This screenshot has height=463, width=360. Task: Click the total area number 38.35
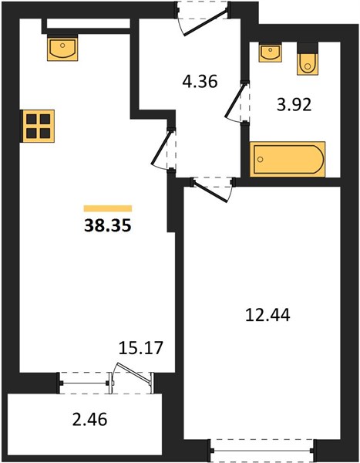pyautogui.click(x=108, y=226)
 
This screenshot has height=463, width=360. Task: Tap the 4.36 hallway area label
pyautogui.click(x=200, y=81)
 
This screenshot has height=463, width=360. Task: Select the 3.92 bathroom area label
pyautogui.click(x=294, y=104)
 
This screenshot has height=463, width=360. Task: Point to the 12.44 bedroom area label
pyautogui.click(x=267, y=315)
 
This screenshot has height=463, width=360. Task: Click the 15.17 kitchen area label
pyautogui.click(x=141, y=347)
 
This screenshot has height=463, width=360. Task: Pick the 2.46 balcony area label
pyautogui.click(x=89, y=420)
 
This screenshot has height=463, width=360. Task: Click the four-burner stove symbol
pyautogui.click(x=37, y=126)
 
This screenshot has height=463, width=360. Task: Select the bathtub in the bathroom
pyautogui.click(x=288, y=159)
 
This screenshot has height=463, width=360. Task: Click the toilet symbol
pyautogui.click(x=308, y=59)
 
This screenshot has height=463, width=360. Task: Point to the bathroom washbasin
pyautogui.click(x=270, y=52)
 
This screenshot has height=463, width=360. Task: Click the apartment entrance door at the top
pyautogui.click(x=204, y=22)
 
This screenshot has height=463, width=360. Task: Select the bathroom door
pyautogui.click(x=235, y=102)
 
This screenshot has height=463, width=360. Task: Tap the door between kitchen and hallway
pyautogui.click(x=161, y=149)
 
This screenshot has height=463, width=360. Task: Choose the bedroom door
pyautogui.click(x=210, y=191)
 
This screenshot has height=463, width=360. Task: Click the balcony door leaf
pyautogui.click(x=134, y=373)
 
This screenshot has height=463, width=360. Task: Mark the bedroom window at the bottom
pyautogui.click(x=263, y=451)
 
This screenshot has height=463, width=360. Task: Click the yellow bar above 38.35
pyautogui.click(x=108, y=208)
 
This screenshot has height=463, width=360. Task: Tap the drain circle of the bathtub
pyautogui.click(x=260, y=160)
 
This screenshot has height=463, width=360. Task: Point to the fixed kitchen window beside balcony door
pyautogui.click(x=84, y=384)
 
